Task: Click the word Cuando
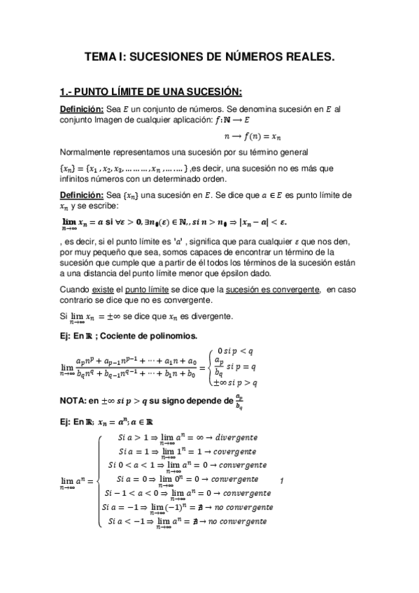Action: pyautogui.click(x=76, y=289)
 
